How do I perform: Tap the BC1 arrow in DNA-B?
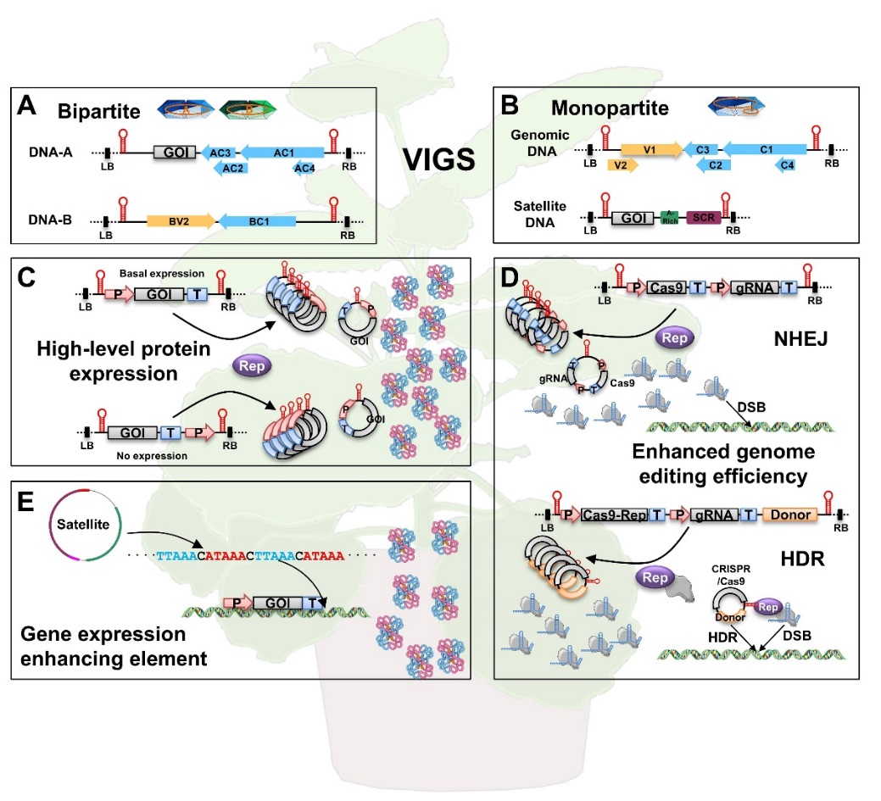pos(258,221)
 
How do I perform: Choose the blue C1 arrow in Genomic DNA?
pos(764,149)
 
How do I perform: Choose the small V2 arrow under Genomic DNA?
pos(622,164)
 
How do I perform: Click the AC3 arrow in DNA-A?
pos(220,152)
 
